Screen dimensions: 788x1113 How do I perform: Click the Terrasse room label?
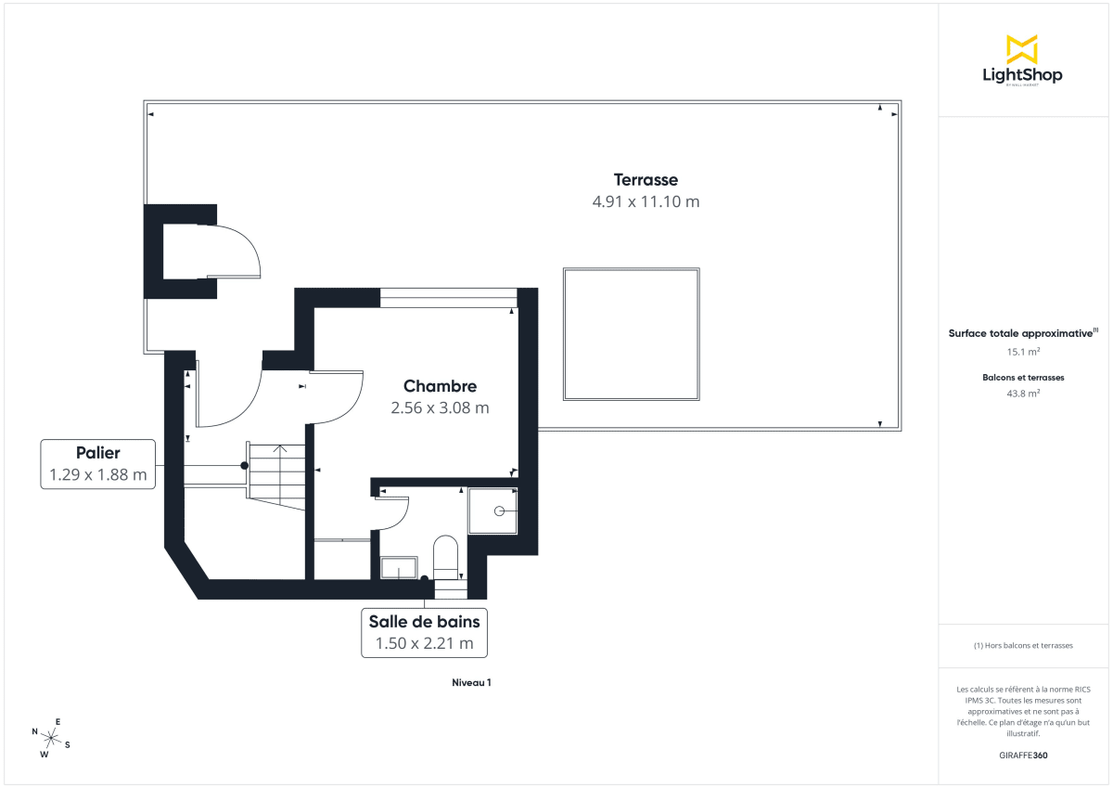coord(646,180)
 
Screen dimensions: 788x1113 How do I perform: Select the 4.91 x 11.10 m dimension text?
coord(646,201)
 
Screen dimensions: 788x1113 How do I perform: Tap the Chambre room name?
coord(440,386)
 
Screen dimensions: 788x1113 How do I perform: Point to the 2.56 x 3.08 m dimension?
coord(440,407)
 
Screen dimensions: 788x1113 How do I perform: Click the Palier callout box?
coord(98,464)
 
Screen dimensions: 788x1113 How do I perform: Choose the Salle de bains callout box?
coord(424,632)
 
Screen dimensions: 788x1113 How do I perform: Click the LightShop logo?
coord(1022,61)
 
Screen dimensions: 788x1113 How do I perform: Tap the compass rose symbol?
coord(52,738)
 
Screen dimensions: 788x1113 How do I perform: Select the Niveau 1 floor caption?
coord(471,683)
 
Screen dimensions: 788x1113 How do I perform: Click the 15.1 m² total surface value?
coord(1023,352)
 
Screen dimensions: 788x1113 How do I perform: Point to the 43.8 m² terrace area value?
coord(1023,394)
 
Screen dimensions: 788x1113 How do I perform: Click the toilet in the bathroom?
coord(446,555)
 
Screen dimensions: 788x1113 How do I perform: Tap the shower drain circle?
coord(499,510)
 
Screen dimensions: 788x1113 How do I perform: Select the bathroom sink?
coord(400,568)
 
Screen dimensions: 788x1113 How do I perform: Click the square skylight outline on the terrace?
coord(631,334)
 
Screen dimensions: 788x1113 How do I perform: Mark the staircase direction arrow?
coord(280,451)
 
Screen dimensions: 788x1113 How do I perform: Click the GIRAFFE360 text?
coord(1023,756)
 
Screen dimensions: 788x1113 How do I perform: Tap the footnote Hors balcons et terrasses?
coord(1023,645)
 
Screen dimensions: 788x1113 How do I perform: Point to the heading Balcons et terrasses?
coord(1023,378)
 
